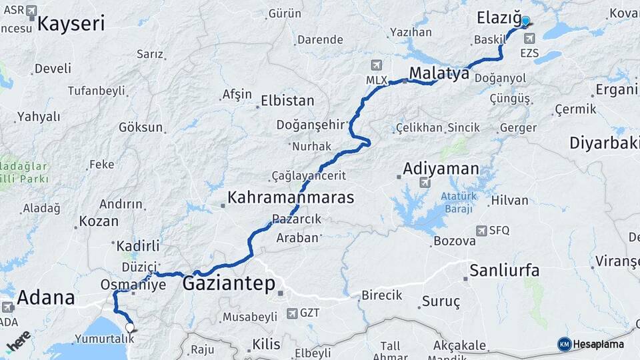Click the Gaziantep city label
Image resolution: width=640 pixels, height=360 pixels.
point(229,284)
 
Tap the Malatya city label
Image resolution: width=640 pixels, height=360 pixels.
point(439,73)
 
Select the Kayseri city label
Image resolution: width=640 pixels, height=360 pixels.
point(71,24)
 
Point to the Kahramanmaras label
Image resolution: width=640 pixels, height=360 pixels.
point(291,197)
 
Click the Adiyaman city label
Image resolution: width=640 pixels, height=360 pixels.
point(441,168)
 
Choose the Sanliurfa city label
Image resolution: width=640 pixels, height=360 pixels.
point(504,270)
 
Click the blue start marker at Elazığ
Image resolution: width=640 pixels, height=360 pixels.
point(525,22)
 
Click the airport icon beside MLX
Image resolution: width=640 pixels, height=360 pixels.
point(377,65)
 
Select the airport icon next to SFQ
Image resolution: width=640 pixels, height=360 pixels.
point(481,231)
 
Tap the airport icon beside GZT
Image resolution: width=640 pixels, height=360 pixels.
point(292,313)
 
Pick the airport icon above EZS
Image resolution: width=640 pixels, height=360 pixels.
point(529,39)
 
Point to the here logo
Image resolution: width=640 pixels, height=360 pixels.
point(18,341)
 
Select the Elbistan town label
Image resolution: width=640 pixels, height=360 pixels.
point(287,101)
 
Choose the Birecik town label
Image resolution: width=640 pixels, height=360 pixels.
point(381,295)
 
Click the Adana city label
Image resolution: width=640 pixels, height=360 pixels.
point(46,297)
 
